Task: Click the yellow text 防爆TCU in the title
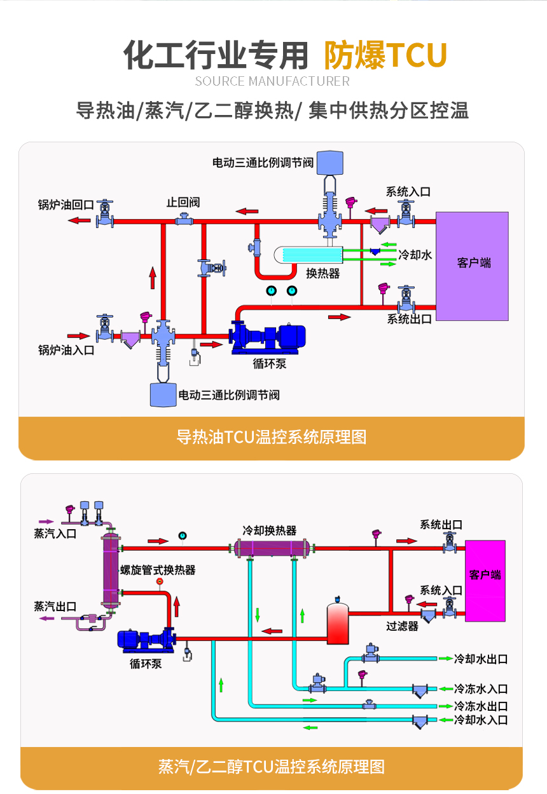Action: [385, 55]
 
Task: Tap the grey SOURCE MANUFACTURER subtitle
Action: [272, 81]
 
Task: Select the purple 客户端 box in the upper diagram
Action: [472, 266]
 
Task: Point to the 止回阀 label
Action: [183, 202]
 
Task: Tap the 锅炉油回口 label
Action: [66, 205]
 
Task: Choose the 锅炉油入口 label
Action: [66, 350]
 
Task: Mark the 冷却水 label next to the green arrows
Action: [415, 255]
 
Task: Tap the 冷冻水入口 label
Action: [480, 689]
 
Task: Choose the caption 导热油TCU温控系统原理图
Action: [272, 437]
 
